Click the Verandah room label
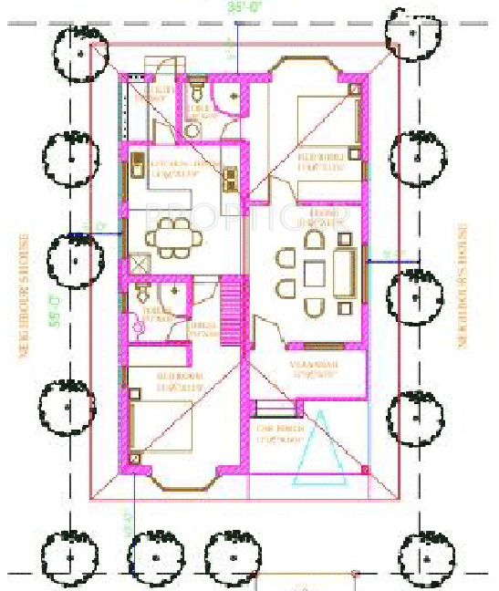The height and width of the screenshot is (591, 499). pyautogui.click(x=314, y=369)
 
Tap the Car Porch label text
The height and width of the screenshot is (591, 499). pyautogui.click(x=278, y=433)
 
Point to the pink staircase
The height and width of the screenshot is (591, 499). pyautogui.click(x=233, y=311)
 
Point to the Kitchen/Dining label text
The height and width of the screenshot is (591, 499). pyautogui.click(x=179, y=168)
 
